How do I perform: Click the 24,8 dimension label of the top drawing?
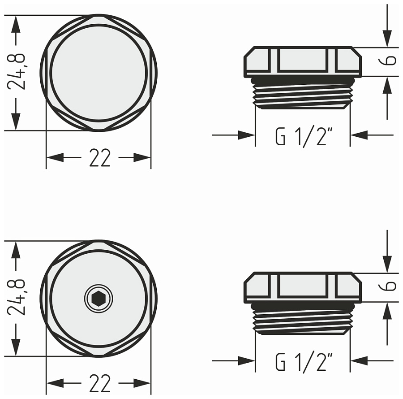(x=17, y=72)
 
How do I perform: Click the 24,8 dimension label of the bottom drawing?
(x=17, y=298)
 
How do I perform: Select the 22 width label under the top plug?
(x=99, y=158)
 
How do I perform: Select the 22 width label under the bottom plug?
(x=99, y=384)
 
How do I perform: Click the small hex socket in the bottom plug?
(x=99, y=298)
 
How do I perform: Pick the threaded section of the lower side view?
(x=303, y=319)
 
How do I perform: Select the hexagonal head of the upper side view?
(x=303, y=61)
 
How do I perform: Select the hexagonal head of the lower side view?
(x=303, y=287)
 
